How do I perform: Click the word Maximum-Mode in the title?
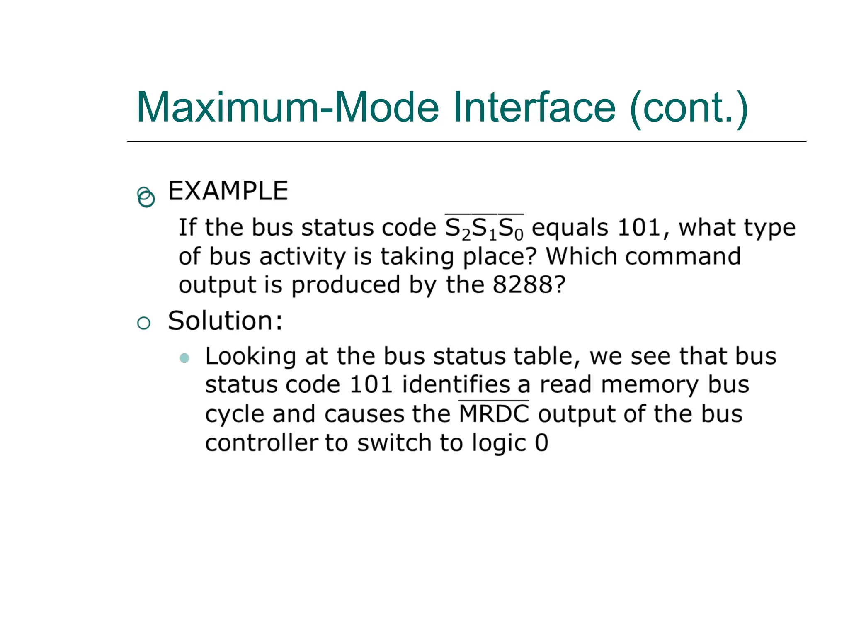[287, 107]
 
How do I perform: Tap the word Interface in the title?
[534, 107]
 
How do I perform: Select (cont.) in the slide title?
[689, 108]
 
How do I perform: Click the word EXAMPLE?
[228, 191]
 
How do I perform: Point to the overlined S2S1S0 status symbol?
[484, 229]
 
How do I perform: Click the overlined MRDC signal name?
[494, 414]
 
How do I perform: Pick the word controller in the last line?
[261, 443]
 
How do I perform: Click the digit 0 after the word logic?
[541, 443]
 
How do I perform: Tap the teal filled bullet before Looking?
[184, 357]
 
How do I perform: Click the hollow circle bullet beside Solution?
[143, 323]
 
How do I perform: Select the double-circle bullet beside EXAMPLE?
[146, 197]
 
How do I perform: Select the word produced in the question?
[345, 285]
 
